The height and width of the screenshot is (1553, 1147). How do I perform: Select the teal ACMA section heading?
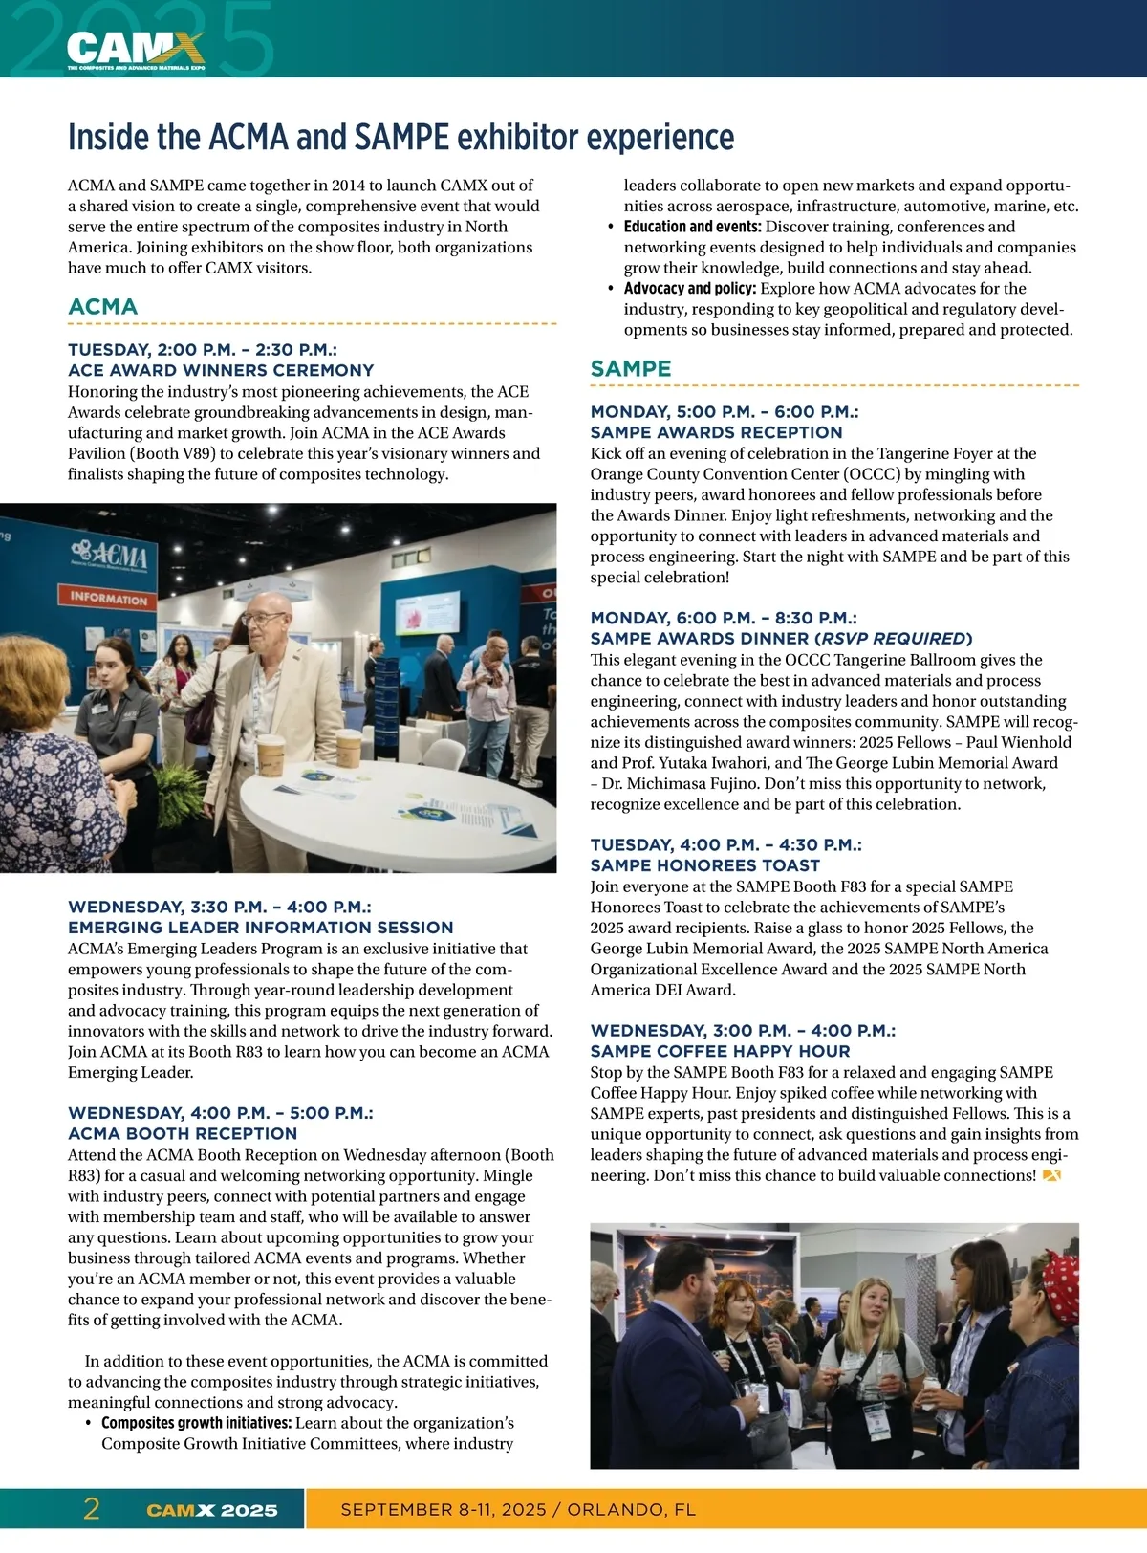[103, 307]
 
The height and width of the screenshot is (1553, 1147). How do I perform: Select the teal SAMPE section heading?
[631, 369]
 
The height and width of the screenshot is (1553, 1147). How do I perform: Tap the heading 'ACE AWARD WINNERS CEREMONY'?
[221, 370]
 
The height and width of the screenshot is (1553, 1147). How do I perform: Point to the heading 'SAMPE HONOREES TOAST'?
[705, 865]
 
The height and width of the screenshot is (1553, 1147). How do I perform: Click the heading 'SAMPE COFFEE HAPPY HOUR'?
[720, 1051]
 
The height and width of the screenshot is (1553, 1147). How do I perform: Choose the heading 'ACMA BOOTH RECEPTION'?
[183, 1133]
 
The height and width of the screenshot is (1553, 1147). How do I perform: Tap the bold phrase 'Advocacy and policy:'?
[690, 289]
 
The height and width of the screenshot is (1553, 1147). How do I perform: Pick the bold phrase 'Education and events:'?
[692, 227]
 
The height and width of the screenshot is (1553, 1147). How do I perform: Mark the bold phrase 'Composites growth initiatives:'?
[196, 1423]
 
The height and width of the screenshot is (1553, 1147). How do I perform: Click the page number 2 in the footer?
[92, 1509]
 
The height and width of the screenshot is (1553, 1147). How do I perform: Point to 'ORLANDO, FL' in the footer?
[632, 1510]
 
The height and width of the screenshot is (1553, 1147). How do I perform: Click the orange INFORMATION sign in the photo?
[109, 599]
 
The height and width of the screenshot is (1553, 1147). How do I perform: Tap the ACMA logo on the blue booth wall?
[109, 557]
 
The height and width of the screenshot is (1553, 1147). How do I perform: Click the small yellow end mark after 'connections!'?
[1051, 1176]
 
